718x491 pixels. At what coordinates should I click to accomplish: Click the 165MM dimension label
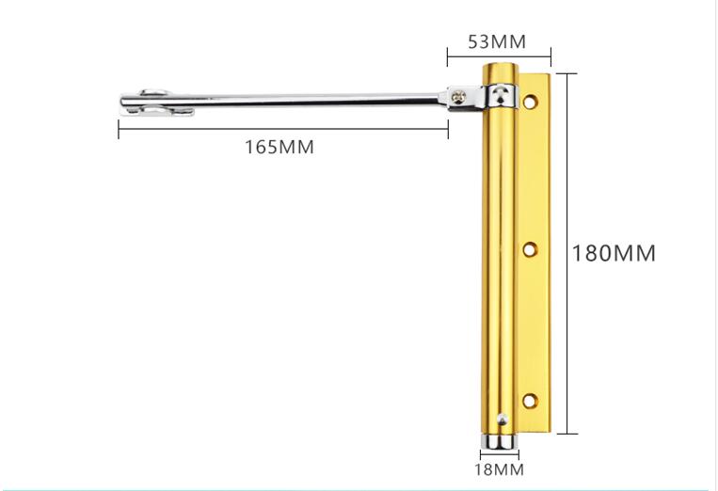(x=279, y=148)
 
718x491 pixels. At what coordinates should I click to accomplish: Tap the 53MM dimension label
(x=497, y=41)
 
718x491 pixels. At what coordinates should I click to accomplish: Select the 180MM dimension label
(x=614, y=254)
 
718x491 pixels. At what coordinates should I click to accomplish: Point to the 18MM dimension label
(x=499, y=469)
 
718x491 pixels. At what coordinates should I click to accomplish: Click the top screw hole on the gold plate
(x=530, y=102)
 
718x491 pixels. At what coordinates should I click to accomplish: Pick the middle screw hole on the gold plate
(x=530, y=250)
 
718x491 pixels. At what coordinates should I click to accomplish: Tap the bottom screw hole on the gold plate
(x=530, y=401)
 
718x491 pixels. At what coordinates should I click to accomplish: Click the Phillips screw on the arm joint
(x=459, y=96)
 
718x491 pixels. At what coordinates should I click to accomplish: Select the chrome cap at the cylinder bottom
(x=499, y=441)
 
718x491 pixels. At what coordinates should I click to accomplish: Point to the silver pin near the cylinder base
(x=503, y=419)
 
